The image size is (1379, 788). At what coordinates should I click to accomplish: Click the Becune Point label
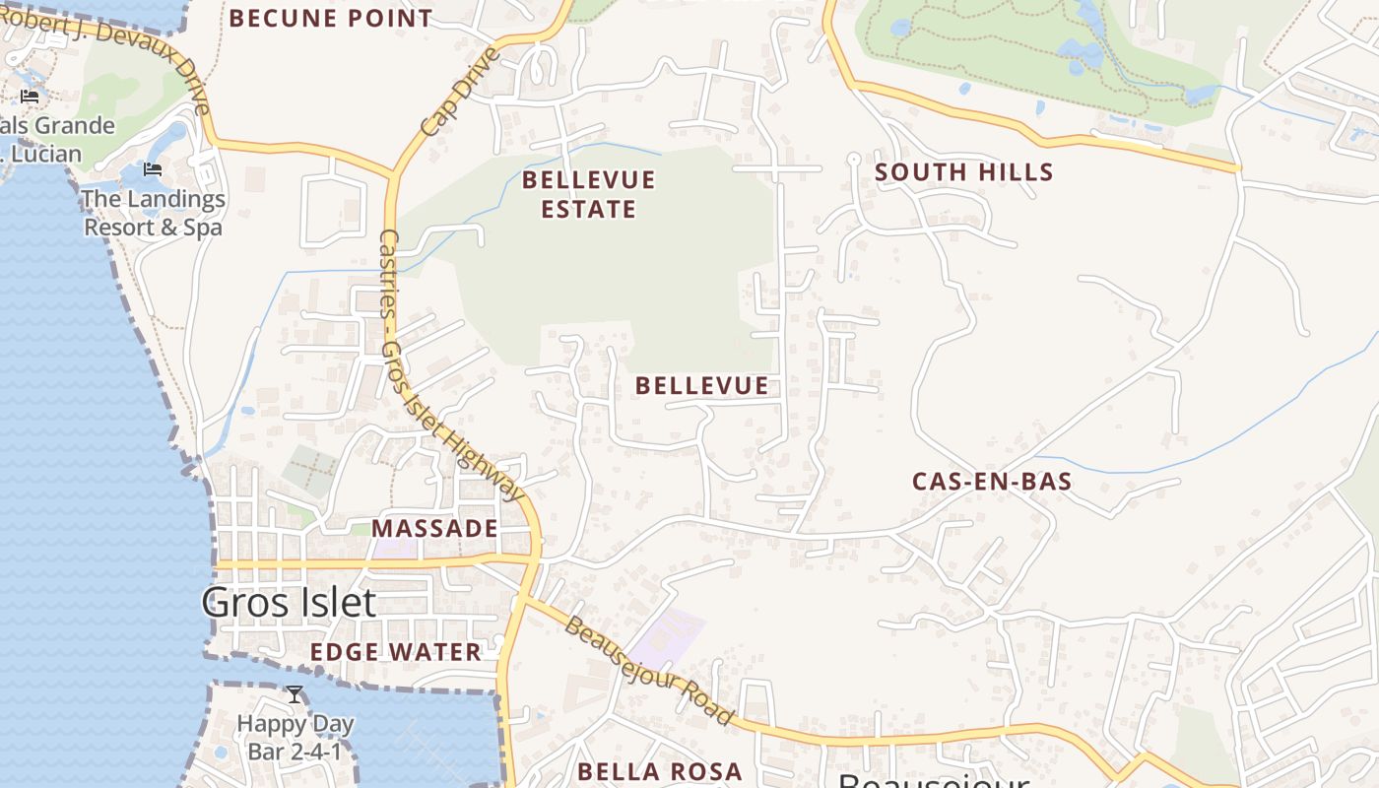pyautogui.click(x=331, y=18)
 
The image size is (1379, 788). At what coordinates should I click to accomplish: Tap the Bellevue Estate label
pyautogui.click(x=588, y=194)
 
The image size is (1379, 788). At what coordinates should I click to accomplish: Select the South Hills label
pyautogui.click(x=964, y=172)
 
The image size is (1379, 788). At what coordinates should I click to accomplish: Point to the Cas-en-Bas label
pyautogui.click(x=991, y=482)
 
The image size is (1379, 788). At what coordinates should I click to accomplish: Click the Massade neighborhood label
pyautogui.click(x=434, y=528)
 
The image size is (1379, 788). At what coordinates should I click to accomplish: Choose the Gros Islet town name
pyautogui.click(x=289, y=602)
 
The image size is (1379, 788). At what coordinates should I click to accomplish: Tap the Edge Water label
pyautogui.click(x=395, y=651)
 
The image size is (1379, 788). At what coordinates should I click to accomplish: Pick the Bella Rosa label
pyautogui.click(x=659, y=771)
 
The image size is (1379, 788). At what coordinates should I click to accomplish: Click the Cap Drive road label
pyautogui.click(x=459, y=92)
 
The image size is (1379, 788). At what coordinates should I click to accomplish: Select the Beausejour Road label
pyautogui.click(x=649, y=671)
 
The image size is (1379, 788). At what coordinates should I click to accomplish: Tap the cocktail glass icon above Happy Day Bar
pyautogui.click(x=294, y=694)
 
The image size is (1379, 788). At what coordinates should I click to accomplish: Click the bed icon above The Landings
pyautogui.click(x=152, y=169)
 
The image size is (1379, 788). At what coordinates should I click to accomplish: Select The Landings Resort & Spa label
pyautogui.click(x=153, y=213)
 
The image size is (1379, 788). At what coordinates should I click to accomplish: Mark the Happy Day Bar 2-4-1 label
pyautogui.click(x=295, y=738)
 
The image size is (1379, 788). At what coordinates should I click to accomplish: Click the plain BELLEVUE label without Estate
pyautogui.click(x=701, y=386)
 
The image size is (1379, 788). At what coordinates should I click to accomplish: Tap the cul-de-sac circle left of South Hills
pyautogui.click(x=854, y=159)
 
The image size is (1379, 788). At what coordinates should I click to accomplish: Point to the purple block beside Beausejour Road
pyautogui.click(x=667, y=637)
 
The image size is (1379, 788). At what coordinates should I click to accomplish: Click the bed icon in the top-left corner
pyautogui.click(x=30, y=96)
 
